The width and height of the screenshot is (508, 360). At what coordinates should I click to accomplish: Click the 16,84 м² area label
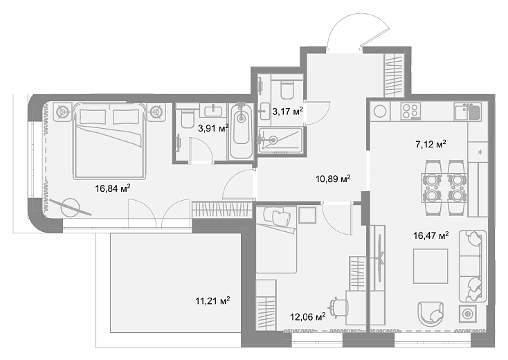113,188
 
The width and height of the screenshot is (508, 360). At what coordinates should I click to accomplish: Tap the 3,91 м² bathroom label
213,128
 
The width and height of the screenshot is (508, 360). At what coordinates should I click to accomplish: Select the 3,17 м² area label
287,111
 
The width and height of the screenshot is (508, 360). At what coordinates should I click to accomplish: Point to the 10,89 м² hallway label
333,179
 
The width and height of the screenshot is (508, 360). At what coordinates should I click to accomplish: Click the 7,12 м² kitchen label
430,144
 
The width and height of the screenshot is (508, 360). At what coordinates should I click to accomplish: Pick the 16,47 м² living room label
431,235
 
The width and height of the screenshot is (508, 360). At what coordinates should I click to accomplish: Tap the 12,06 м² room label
308,316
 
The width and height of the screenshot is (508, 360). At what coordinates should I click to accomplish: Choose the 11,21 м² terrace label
212,300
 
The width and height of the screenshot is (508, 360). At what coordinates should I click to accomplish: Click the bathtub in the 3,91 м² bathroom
242,132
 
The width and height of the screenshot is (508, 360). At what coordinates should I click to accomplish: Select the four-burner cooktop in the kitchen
410,111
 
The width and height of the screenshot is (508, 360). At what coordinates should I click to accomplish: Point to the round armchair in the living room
430,314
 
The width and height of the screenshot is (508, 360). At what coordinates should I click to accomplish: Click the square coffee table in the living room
430,266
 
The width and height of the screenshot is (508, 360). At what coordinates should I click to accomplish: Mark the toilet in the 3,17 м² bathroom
287,89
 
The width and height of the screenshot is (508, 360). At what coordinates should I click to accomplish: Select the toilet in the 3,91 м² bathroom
188,118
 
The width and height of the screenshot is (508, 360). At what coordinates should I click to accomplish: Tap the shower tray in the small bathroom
280,140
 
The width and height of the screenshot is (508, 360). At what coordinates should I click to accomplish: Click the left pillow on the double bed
93,116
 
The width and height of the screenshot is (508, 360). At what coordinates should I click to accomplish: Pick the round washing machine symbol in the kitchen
380,111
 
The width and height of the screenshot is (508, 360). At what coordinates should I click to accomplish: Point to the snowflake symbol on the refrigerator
480,152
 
